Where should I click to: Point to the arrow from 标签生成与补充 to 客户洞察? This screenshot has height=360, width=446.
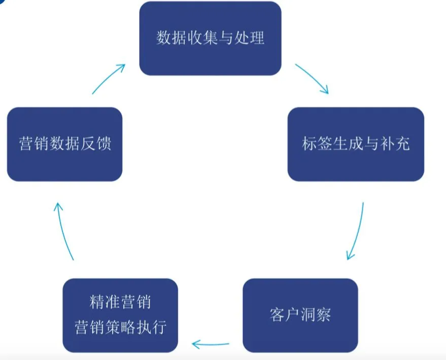pos(357,231)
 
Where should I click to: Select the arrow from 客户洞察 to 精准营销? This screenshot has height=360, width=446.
pos(210,345)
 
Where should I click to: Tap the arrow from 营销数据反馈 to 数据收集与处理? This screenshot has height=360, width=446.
pos(109,78)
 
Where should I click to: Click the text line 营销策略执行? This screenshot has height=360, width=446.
pos(120,326)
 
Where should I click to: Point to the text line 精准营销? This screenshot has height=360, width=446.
pos(120,303)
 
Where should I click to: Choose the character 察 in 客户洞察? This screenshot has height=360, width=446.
pos(324,315)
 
